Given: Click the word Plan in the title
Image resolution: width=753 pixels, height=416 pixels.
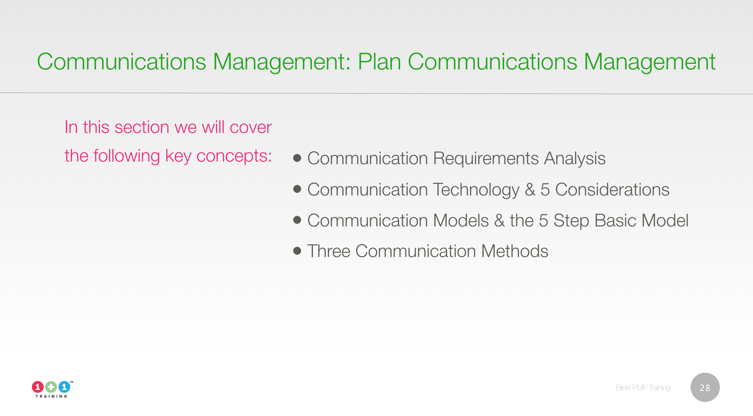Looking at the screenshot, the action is (379, 62).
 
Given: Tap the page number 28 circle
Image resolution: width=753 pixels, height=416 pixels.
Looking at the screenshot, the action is (705, 387).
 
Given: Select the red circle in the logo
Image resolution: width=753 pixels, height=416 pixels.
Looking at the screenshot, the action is (38, 387).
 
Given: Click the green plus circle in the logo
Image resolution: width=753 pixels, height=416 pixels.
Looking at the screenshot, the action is (51, 387).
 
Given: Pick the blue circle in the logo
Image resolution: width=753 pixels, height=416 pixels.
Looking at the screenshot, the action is (64, 387).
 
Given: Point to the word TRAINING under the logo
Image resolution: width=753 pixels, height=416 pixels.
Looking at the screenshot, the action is (51, 396).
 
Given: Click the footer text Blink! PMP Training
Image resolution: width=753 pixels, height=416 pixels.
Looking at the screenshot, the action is (643, 388).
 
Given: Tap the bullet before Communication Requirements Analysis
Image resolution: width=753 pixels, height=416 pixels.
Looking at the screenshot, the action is (297, 158).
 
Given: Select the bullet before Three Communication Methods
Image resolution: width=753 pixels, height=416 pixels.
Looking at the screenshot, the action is (297, 251).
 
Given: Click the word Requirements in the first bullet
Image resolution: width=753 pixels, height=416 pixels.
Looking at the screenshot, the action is (486, 159).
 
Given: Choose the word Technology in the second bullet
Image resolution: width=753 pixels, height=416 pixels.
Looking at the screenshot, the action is (476, 190).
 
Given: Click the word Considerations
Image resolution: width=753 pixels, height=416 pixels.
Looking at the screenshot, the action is (612, 190).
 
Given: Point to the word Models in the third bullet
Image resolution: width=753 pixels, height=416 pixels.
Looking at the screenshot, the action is (461, 221).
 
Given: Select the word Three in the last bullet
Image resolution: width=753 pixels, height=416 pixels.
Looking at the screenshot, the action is (329, 251).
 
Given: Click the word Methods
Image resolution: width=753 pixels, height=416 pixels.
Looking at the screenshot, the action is (514, 251).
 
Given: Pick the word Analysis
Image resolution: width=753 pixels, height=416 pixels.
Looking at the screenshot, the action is (575, 159).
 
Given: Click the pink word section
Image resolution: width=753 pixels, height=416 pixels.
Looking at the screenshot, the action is (142, 127).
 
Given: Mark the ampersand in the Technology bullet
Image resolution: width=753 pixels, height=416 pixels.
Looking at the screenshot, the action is (530, 190).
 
